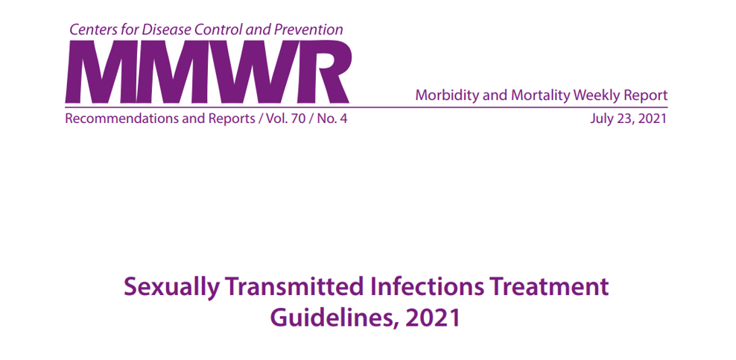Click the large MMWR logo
click(x=208, y=72)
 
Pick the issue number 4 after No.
click(x=343, y=119)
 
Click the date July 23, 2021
click(x=628, y=119)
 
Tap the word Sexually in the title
click(x=171, y=287)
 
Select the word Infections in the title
click(x=425, y=286)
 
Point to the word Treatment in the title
click(x=548, y=286)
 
